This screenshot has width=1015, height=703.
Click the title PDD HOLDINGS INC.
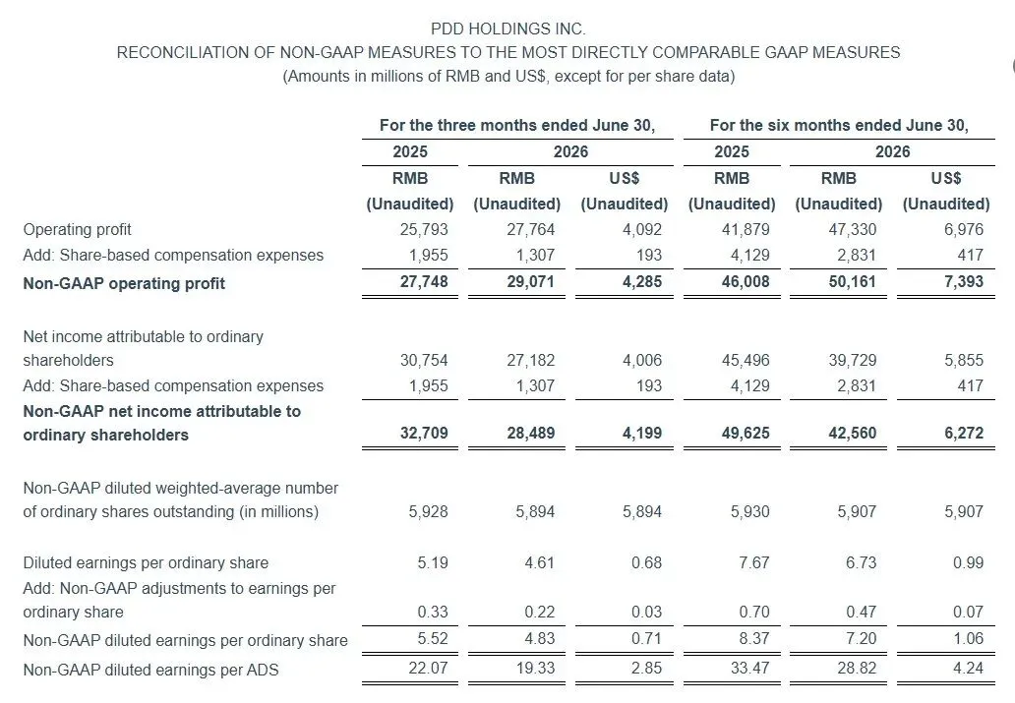(508, 29)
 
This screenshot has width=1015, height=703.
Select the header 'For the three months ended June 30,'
(517, 125)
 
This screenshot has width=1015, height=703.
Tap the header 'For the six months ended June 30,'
(839, 125)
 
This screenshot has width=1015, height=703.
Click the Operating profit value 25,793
(424, 230)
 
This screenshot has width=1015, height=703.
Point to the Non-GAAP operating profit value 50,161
(853, 281)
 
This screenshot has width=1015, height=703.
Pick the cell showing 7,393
(964, 281)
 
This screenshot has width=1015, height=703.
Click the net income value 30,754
(424, 361)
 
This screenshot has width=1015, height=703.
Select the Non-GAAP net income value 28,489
(531, 433)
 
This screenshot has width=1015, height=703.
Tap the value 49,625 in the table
(746, 433)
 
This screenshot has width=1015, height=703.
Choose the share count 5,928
(428, 512)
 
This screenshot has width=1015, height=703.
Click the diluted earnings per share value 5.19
(433, 562)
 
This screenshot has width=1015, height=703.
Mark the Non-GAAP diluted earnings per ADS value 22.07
(428, 668)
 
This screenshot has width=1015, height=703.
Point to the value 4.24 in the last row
(969, 668)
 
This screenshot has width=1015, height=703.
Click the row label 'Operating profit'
(77, 230)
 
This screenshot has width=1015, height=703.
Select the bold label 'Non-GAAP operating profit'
(124, 283)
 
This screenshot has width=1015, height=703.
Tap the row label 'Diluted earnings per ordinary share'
(146, 563)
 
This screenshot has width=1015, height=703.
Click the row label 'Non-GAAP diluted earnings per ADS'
(150, 670)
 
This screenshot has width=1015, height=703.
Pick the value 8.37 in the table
(754, 639)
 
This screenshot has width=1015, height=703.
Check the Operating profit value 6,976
(964, 230)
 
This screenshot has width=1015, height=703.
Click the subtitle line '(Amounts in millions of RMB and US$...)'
(508, 77)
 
